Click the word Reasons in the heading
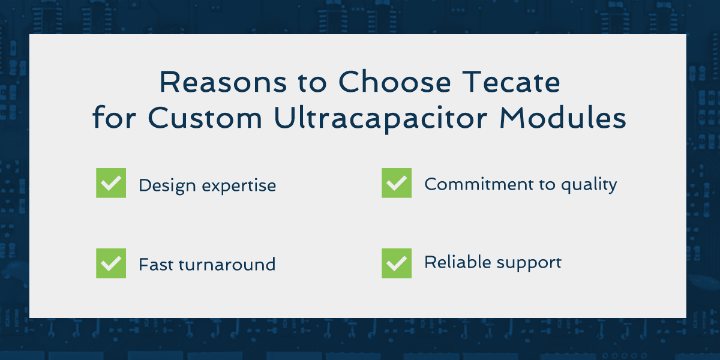223,82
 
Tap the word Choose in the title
395,82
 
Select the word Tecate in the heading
511,82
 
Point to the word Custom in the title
205,118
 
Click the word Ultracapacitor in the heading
380,118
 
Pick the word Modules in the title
563,118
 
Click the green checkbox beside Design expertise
111,183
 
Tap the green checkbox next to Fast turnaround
111,263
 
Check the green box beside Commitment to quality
397,183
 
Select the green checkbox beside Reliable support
397,263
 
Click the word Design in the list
167,186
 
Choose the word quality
589,185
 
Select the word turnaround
227,265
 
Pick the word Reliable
458,262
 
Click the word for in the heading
114,118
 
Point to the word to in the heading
312,83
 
